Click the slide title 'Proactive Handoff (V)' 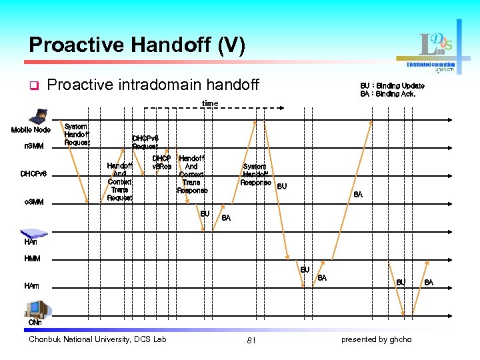137,45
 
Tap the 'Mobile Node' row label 31,130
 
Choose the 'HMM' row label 32,258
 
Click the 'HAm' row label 31,286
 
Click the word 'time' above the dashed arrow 210,103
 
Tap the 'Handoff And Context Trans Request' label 120,181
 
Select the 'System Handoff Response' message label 255,175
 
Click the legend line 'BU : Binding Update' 392,86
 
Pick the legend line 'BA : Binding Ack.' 388,94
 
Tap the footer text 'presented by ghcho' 376,339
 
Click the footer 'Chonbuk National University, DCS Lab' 97,339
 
